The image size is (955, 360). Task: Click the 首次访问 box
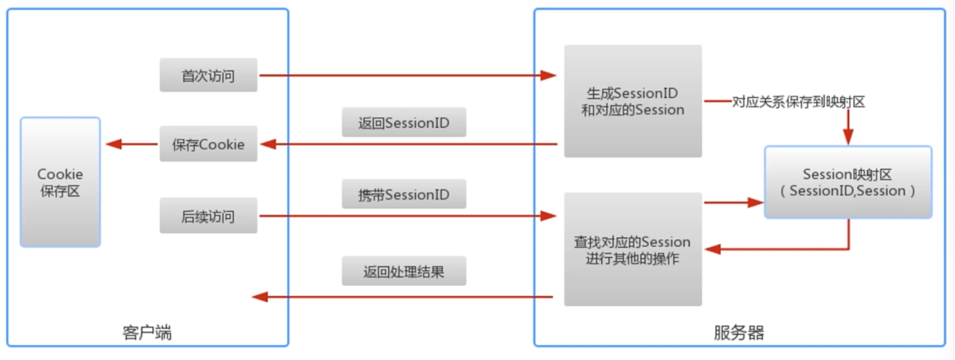click(x=208, y=75)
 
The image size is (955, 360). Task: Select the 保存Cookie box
click(x=208, y=144)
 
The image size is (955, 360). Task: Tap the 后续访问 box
click(x=208, y=216)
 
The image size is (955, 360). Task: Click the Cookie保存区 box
click(x=60, y=182)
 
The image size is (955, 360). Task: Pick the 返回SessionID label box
click(x=403, y=122)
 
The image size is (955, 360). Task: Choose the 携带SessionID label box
click(x=403, y=194)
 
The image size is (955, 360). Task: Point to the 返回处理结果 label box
click(x=403, y=271)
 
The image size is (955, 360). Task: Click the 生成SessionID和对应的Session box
click(x=633, y=101)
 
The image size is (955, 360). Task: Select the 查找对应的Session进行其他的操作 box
click(x=633, y=250)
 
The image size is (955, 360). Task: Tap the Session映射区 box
click(x=848, y=182)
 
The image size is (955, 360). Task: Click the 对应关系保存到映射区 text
click(x=798, y=102)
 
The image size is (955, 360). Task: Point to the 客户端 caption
click(x=147, y=332)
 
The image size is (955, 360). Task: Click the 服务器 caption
click(x=739, y=332)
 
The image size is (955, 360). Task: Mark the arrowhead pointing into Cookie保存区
click(x=114, y=144)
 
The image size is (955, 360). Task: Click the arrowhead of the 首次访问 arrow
click(x=549, y=76)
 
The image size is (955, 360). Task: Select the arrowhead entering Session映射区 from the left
click(x=756, y=202)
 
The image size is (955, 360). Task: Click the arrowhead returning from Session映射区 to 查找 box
click(x=713, y=249)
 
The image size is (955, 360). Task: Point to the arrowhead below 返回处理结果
click(x=260, y=297)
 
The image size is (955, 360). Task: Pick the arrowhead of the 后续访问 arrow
click(x=549, y=216)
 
